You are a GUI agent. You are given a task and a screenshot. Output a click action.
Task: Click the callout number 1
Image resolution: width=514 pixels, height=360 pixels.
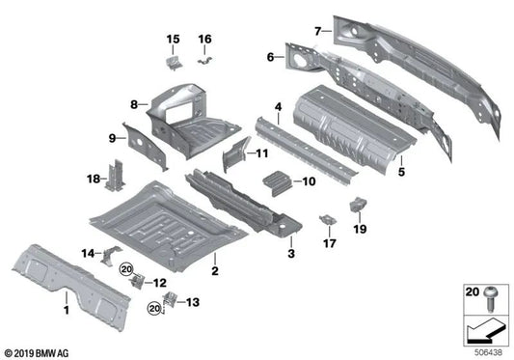point(66,311)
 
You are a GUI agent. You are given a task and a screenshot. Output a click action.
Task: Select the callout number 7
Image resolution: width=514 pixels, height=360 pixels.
point(317,31)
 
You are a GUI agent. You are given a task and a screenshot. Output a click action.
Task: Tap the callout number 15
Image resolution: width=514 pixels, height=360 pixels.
point(173,39)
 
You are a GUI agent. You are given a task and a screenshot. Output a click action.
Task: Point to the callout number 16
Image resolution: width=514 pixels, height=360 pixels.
point(204,39)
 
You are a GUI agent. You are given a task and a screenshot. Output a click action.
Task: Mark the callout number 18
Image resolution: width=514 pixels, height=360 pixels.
point(93,179)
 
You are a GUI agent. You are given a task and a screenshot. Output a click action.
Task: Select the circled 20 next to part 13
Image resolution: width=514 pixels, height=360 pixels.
point(152,308)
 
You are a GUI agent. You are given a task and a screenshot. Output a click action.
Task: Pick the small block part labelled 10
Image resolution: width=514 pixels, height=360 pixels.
point(274,179)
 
